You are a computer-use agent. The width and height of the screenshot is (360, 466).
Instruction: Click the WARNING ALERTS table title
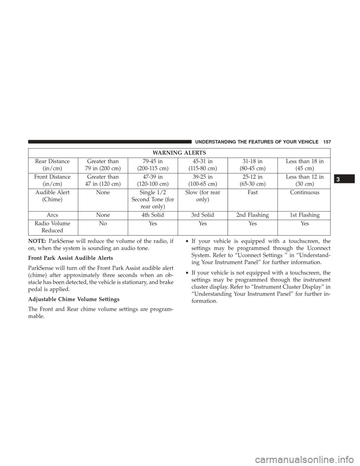180,153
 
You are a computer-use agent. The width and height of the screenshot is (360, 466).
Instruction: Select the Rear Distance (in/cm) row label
52,164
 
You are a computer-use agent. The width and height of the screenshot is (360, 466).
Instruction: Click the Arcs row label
52,216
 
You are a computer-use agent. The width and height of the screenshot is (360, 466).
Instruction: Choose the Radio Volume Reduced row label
52,226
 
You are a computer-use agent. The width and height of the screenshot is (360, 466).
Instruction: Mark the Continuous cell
304,192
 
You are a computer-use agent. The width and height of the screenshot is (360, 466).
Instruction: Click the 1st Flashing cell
304,216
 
